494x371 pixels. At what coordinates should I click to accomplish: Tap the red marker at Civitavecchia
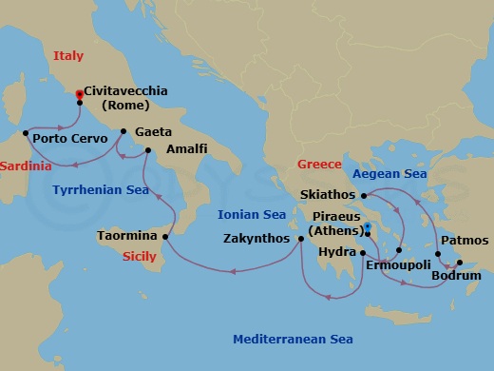[79, 93]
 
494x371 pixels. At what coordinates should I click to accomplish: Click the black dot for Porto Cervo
[25, 132]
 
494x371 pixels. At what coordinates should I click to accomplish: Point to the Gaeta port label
[154, 132]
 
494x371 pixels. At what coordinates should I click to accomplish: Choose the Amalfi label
[186, 150]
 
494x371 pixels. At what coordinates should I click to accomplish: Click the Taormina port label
[126, 235]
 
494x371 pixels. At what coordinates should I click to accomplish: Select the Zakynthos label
[256, 240]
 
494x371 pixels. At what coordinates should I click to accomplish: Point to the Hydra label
[337, 253]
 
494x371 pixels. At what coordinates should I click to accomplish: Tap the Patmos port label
[465, 241]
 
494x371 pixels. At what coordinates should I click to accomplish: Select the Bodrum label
[455, 277]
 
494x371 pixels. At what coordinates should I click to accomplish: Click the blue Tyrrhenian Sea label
[104, 190]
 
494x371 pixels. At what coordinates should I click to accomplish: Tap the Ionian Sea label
[252, 215]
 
